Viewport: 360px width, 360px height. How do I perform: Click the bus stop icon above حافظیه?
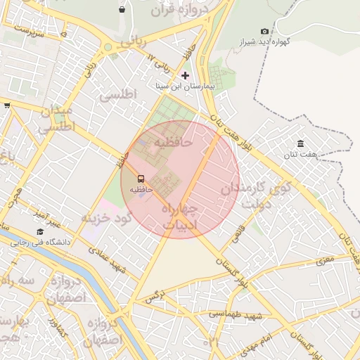point(141,179)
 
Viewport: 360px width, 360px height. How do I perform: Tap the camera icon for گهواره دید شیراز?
point(264,31)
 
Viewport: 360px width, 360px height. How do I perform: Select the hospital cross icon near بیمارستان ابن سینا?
point(185,75)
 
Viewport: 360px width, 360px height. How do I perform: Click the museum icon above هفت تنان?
point(301,144)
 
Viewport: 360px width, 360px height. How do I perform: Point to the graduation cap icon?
point(40,232)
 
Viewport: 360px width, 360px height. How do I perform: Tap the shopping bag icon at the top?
point(123,10)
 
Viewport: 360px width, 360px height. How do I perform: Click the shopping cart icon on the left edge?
point(6,105)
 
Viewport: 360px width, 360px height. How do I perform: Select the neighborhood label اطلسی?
point(117,95)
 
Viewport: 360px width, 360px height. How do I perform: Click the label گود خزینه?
point(106,218)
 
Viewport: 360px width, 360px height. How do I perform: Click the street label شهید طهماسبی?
point(237,315)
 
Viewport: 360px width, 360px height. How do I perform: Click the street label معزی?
point(325,261)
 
